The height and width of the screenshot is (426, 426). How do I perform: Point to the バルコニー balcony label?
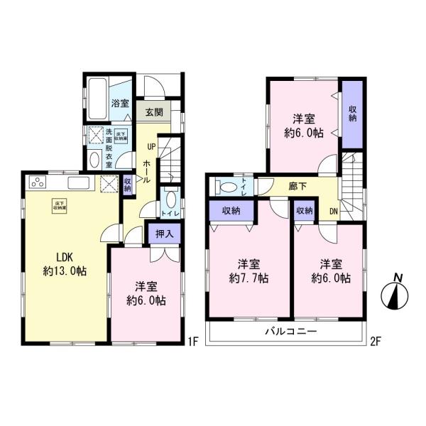tap(291, 332)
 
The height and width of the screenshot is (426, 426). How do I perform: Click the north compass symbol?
tap(397, 293)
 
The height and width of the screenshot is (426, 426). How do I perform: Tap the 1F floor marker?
tap(192, 342)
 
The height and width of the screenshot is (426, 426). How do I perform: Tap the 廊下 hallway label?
tap(298, 185)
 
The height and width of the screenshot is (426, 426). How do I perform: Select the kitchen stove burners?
tap(37, 185)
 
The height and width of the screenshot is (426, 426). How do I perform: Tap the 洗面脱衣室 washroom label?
tap(109, 148)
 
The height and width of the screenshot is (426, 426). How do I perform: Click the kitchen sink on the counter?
tap(78, 184)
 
